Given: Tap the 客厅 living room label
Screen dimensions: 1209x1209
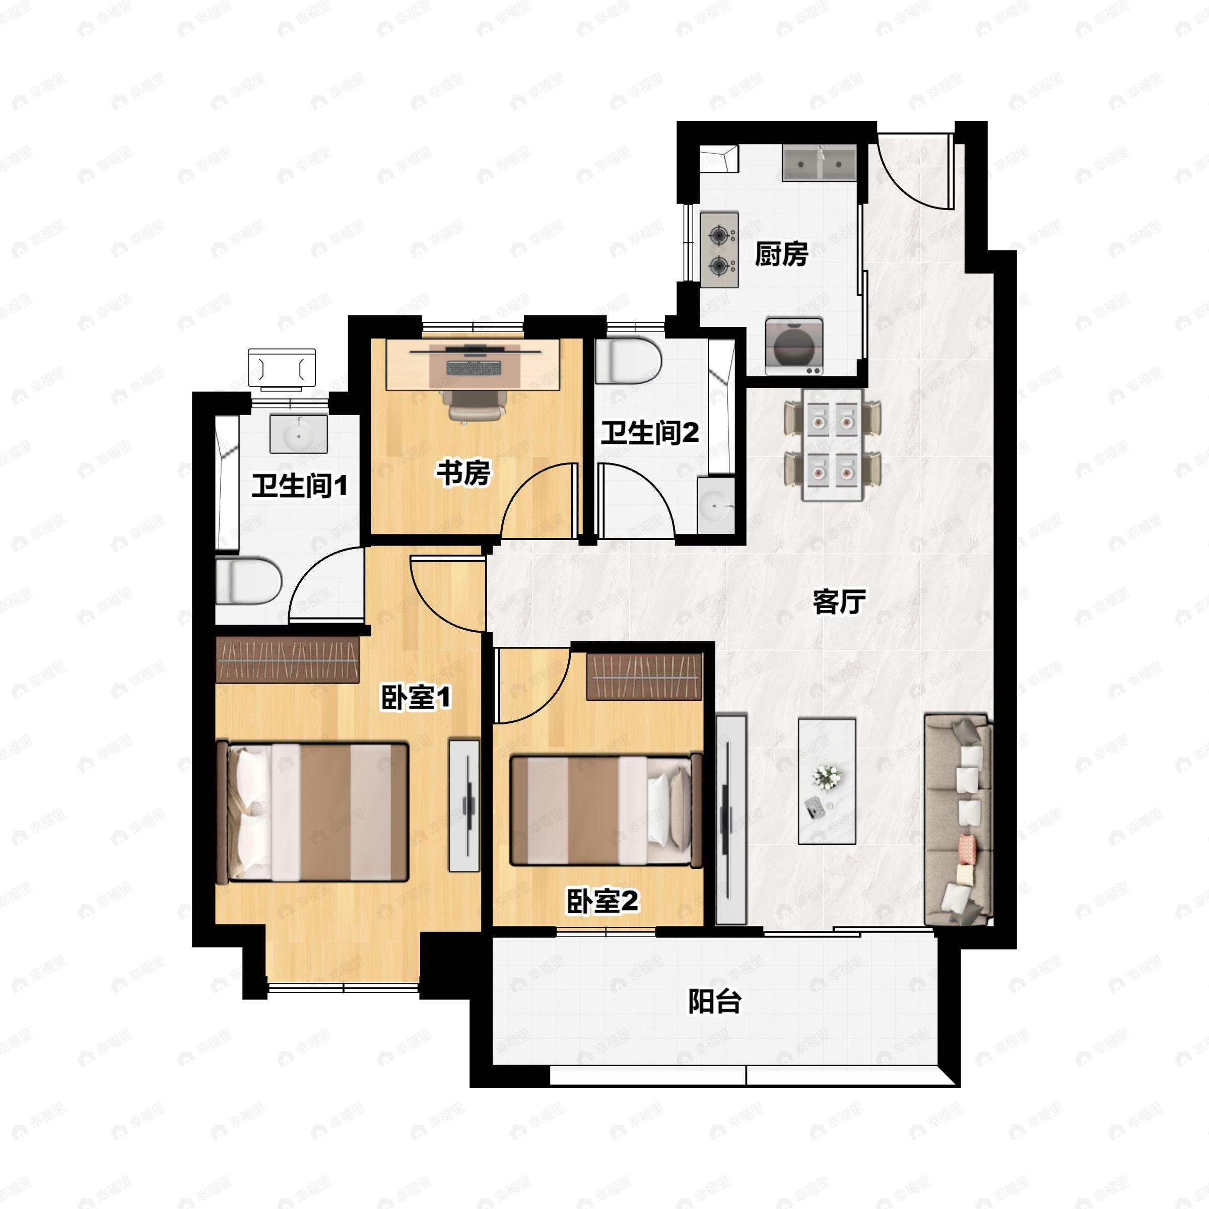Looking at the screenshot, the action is (x=839, y=601).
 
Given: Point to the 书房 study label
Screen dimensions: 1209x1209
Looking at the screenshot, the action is (x=463, y=473).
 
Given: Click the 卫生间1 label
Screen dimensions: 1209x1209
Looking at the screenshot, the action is (x=300, y=486).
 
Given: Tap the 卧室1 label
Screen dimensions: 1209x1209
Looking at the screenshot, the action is (x=416, y=698).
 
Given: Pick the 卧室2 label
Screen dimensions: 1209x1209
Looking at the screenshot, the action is (x=602, y=901).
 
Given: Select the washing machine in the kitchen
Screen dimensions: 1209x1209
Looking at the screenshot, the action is (x=794, y=347).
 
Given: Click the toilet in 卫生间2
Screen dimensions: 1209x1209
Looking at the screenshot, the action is (x=628, y=361).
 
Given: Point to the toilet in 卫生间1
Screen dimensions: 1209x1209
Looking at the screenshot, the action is (x=248, y=581).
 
